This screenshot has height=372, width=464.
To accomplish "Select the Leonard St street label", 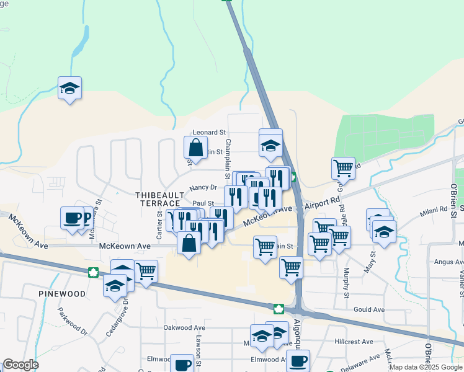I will pyautogui.click(x=209, y=133).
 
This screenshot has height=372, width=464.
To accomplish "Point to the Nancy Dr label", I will pyautogui.click(x=203, y=187).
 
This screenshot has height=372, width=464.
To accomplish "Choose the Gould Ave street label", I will pyautogui.click(x=369, y=309).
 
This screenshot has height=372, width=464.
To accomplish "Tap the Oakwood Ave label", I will pyautogui.click(x=184, y=327).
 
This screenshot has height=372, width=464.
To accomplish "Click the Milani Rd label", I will pyautogui.click(x=435, y=210).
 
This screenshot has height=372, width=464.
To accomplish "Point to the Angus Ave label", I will pyautogui.click(x=444, y=262).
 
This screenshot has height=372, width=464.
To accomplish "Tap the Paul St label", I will pyautogui.click(x=203, y=203).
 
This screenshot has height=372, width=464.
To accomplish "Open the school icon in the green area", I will pyautogui.click(x=70, y=89).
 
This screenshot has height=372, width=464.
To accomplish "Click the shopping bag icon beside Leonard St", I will pyautogui.click(x=195, y=148).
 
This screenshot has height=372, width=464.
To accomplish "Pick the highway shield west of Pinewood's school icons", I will pyautogui.click(x=93, y=272).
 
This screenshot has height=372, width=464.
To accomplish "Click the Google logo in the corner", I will pyautogui.click(x=20, y=365).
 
